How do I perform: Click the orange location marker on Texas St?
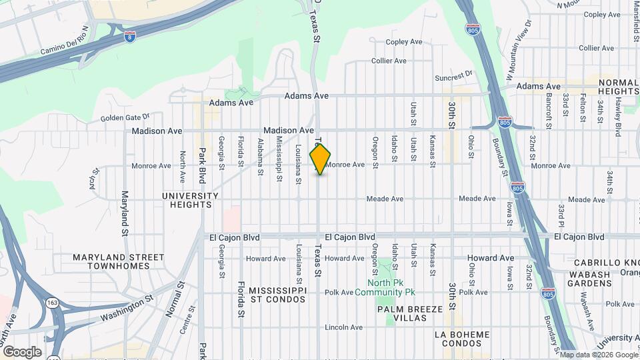[x=321, y=159]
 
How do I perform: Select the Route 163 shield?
[x=51, y=303]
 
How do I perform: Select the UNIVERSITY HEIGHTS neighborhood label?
[x=190, y=200]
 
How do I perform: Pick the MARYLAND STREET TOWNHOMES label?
[x=119, y=261]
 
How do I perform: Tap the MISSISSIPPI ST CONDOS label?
[x=277, y=295]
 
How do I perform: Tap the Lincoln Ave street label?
[x=344, y=327]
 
